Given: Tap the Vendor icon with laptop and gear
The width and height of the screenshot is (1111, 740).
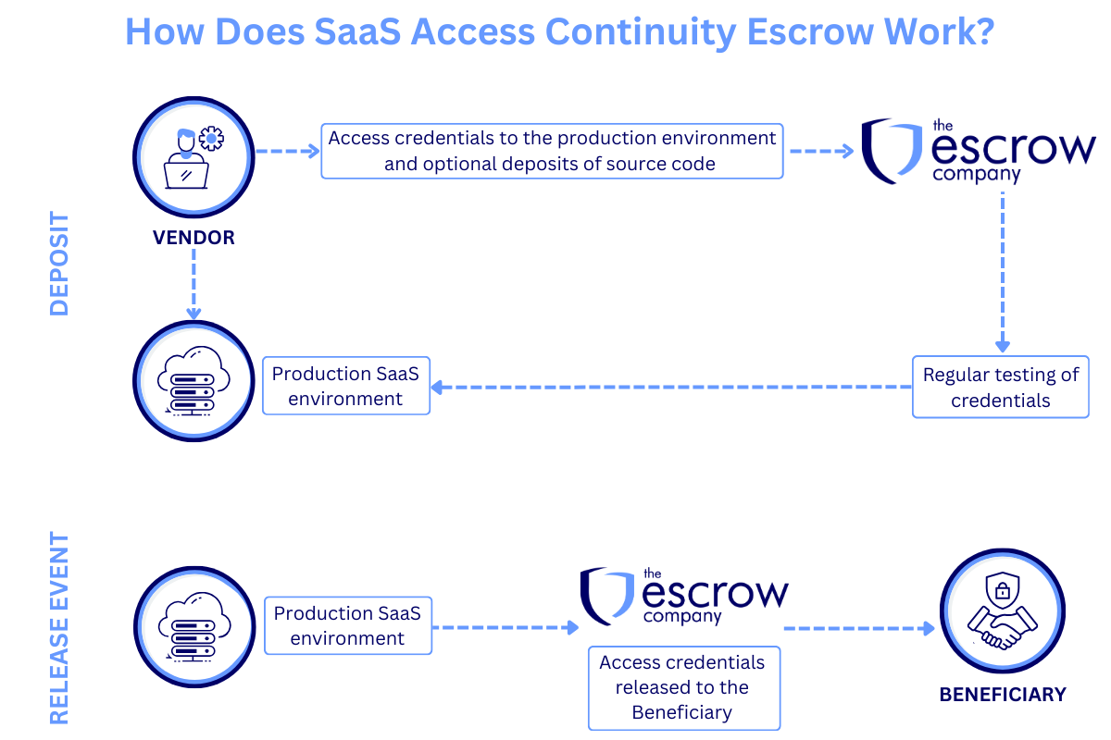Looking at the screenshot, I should coord(193,155).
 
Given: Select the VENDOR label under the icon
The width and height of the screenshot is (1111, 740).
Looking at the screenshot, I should coord(193,238).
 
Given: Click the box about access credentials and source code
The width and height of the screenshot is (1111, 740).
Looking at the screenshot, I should coord(552,151).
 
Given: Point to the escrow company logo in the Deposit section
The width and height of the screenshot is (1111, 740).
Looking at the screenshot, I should coord(978,151).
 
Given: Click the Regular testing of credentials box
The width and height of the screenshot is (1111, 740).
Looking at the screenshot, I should coord(1001,387).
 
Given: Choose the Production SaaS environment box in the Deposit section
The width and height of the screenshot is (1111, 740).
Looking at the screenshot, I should coord(346,386).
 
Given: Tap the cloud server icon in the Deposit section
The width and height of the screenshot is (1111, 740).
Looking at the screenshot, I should coord(193,381).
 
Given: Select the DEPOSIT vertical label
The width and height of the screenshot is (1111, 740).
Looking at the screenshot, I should coord(59,264).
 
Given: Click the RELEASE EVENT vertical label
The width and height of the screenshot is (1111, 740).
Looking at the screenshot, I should coord(59,627).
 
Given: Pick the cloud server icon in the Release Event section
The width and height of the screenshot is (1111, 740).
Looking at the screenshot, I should coord(193,626).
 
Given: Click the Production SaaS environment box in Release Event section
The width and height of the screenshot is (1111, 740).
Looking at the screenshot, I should coord(347,625).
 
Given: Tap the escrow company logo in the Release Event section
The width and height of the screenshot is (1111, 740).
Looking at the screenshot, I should coord(684,597).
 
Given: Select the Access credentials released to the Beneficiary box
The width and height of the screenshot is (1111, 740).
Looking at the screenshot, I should coord(683,687).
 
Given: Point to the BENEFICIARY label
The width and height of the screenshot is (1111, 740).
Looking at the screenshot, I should coord(1002,695).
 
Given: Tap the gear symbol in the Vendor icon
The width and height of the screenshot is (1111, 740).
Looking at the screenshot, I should coord(212,139).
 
